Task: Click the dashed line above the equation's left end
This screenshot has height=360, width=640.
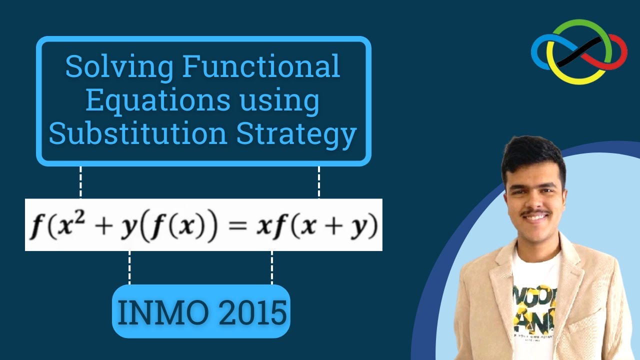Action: coord(80,182)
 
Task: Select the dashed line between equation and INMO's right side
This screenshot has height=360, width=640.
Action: coord(272,267)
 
